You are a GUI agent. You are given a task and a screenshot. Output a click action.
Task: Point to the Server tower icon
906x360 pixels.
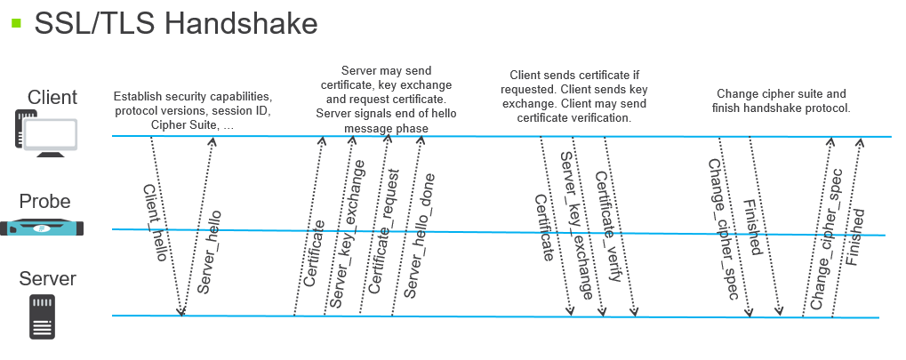coord(42,318)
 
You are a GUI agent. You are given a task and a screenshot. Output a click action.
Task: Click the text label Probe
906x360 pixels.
coord(44,202)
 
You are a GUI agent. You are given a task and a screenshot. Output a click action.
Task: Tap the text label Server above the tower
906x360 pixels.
coord(48,279)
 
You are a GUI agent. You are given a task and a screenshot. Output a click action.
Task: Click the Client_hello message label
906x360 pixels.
coord(156,223)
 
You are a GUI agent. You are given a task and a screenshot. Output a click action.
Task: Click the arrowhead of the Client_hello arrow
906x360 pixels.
coord(182,311)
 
